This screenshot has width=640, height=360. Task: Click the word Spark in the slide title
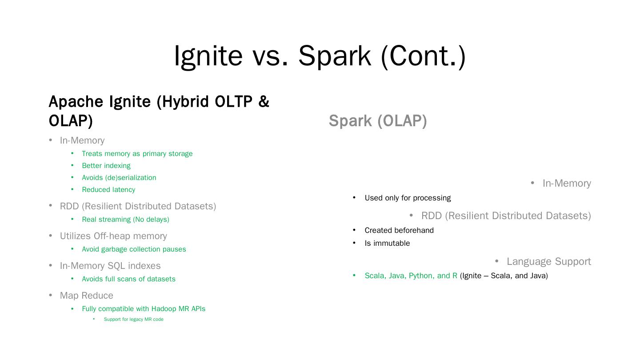(334, 56)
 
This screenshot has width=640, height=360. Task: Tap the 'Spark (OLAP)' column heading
(378, 121)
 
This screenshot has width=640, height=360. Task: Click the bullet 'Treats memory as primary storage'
(137, 154)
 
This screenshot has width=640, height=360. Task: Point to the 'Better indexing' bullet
(106, 166)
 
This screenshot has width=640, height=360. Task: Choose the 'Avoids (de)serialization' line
(119, 178)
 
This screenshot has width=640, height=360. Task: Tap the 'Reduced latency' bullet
(108, 190)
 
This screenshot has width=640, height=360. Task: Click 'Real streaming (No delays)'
(125, 220)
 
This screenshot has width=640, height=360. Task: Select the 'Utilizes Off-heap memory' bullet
(113, 236)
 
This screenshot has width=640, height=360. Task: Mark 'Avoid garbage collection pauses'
(134, 249)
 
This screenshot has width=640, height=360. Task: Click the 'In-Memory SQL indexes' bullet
(110, 266)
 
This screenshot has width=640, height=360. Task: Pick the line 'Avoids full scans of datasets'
(128, 279)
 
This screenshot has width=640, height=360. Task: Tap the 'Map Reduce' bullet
(87, 296)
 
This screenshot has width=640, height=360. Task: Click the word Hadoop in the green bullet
(164, 309)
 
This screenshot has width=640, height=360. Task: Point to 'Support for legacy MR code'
(133, 320)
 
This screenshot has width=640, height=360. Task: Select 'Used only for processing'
(408, 198)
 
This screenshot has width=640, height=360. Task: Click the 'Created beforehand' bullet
(399, 231)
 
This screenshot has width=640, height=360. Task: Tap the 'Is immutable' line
(387, 244)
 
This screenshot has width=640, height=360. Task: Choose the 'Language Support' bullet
(548, 262)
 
